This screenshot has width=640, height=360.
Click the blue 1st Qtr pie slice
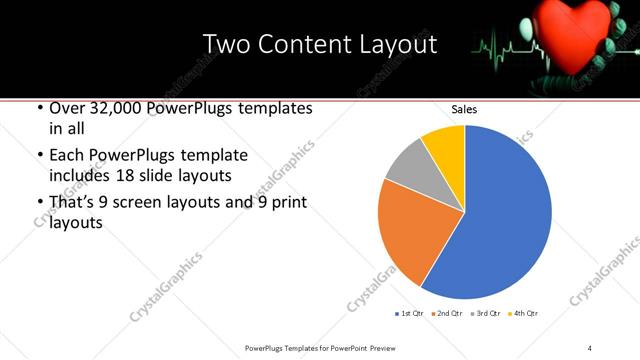pyautogui.click(x=505, y=215)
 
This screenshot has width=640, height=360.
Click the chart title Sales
pyautogui.click(x=464, y=109)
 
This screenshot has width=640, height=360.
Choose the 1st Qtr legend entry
pyautogui.click(x=410, y=314)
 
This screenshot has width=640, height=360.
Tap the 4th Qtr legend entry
pyautogui.click(x=523, y=314)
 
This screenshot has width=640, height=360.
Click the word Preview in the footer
pyautogui.click(x=378, y=347)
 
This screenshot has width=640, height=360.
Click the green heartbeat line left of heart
pyautogui.click(x=505, y=45)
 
